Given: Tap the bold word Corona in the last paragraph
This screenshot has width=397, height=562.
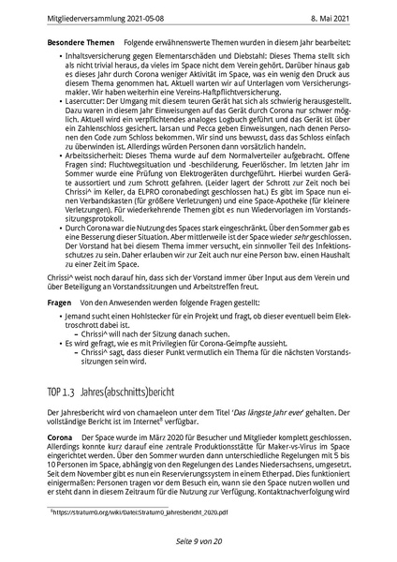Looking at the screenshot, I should click(59, 437).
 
